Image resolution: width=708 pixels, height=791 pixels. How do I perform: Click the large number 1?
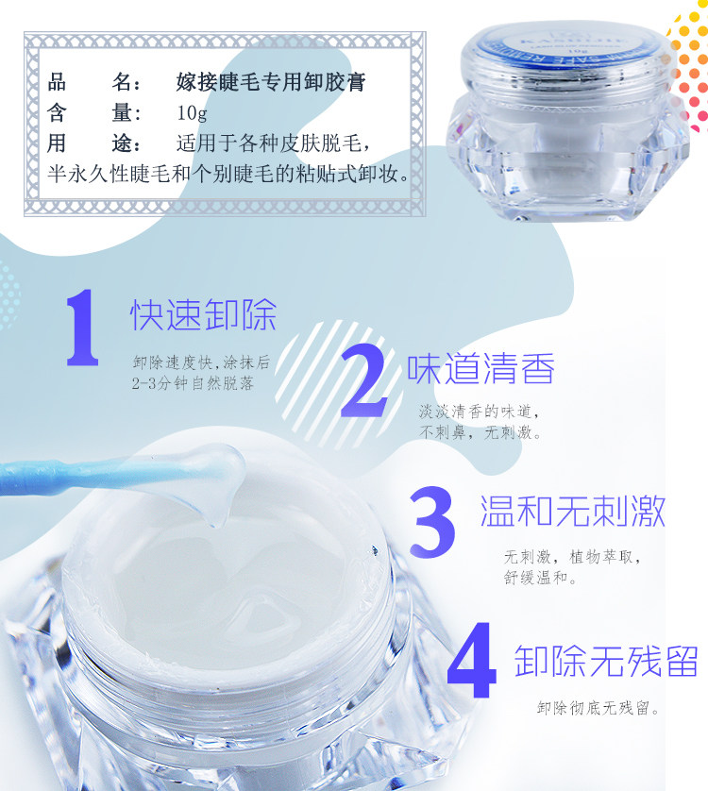[82, 327]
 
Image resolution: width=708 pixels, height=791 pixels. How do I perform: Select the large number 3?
[432, 522]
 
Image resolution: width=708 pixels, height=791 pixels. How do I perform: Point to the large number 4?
[472, 660]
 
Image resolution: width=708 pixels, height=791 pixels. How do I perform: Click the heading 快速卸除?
[203, 314]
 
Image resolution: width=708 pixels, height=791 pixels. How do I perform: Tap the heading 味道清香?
[480, 368]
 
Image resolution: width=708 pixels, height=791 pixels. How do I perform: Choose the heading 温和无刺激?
[572, 511]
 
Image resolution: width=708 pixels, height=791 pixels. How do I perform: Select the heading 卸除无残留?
[606, 661]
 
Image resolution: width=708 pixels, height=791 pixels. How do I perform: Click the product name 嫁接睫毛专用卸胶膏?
[271, 82]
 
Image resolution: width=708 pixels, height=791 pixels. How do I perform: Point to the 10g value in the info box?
[192, 113]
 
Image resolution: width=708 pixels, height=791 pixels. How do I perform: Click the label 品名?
[93, 82]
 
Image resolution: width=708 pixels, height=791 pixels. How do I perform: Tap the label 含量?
[93, 113]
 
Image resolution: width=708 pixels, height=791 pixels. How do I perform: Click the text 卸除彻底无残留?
[598, 708]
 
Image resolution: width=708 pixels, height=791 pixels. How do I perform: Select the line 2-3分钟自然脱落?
[193, 383]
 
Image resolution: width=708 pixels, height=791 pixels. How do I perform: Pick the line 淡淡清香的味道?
[479, 412]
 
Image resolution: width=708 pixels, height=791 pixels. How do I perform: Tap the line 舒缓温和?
[540, 577]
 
